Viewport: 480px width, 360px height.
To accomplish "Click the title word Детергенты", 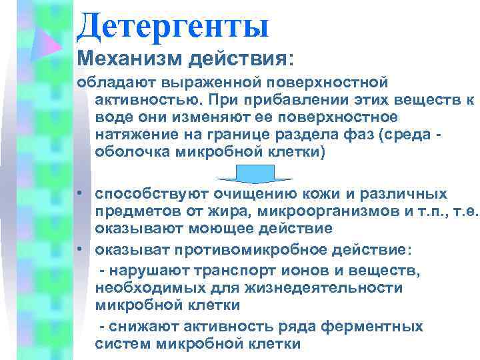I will (x=173, y=25).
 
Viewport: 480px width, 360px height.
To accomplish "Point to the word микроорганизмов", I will (x=320, y=211).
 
